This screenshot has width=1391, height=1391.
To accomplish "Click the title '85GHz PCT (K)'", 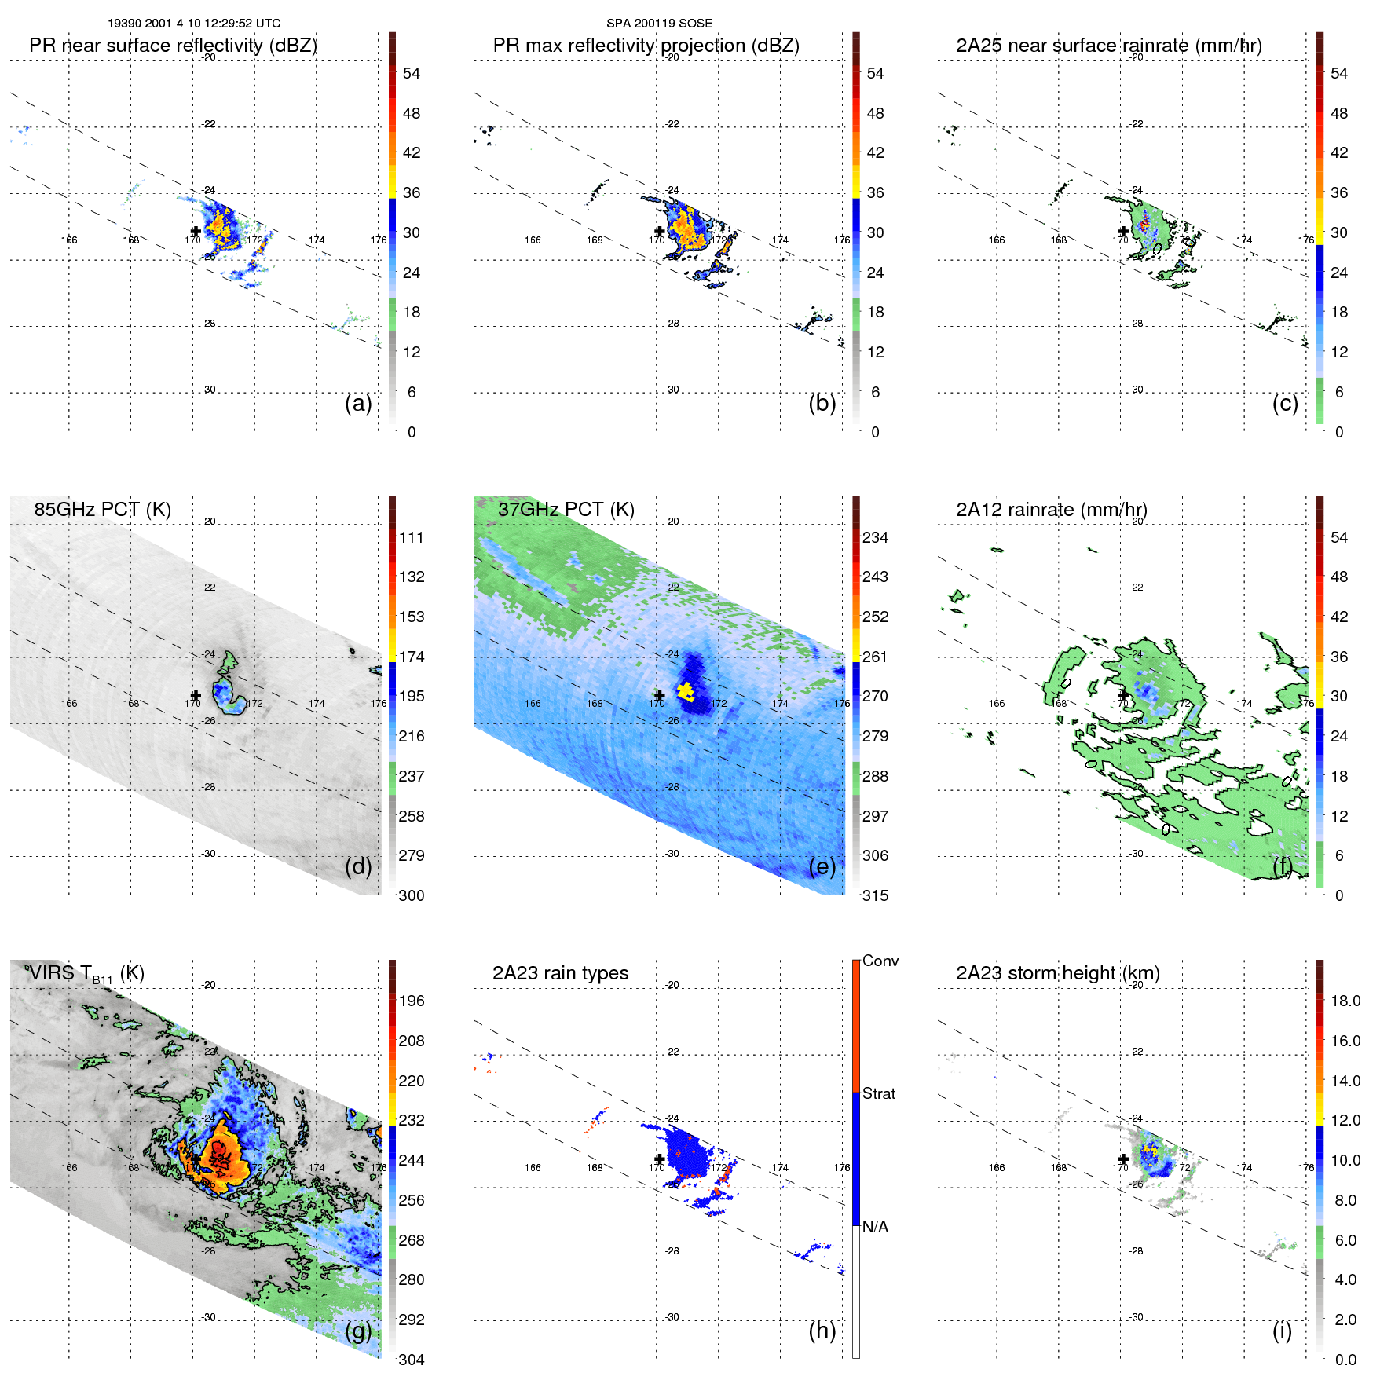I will pyautogui.click(x=102, y=510).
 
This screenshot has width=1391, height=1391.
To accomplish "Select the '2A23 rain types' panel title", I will pyautogui.click(x=560, y=973).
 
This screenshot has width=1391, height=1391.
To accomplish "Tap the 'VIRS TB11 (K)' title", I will pyautogui.click(x=85, y=974).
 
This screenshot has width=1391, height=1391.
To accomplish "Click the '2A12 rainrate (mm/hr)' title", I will pyautogui.click(x=1051, y=510).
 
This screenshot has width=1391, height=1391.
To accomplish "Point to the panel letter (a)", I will pyautogui.click(x=358, y=404).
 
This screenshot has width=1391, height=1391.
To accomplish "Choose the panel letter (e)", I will pyautogui.click(x=822, y=867).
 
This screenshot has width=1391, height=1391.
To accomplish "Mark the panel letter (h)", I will pyautogui.click(x=822, y=1331).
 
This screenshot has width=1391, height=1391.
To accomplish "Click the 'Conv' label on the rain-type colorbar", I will pyautogui.click(x=880, y=961).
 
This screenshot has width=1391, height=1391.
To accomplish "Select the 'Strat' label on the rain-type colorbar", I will pyautogui.click(x=878, y=1094).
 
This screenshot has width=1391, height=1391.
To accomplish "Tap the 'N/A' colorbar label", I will pyautogui.click(x=875, y=1227).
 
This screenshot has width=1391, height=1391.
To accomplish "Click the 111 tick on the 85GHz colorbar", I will pyautogui.click(x=411, y=538).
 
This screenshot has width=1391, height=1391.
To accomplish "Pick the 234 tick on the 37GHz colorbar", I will pyautogui.click(x=875, y=538).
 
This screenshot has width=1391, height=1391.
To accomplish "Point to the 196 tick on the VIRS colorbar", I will pyautogui.click(x=411, y=1001).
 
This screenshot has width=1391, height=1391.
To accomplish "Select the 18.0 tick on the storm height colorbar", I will pyautogui.click(x=1345, y=1001).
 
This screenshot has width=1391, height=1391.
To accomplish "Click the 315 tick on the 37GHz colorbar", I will pyautogui.click(x=875, y=896).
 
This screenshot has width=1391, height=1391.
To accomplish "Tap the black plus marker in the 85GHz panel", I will pyautogui.click(x=196, y=695).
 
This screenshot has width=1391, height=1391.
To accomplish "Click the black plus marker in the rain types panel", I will pyautogui.click(x=659, y=1159).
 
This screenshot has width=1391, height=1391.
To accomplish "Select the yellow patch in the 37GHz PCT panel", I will pyautogui.click(x=686, y=691).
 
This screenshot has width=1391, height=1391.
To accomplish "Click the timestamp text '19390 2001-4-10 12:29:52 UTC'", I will pyautogui.click(x=194, y=24).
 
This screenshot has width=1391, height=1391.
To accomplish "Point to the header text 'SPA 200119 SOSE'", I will pyautogui.click(x=659, y=24).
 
